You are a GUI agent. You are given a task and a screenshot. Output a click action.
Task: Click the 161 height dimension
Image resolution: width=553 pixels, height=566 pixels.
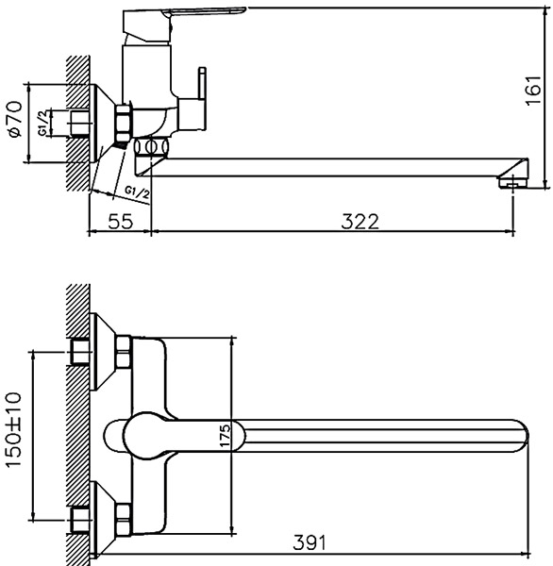(533, 91)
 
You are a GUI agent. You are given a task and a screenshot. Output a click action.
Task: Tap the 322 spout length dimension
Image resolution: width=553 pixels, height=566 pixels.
(360, 222)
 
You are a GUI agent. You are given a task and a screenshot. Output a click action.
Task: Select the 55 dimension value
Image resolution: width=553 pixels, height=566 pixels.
(121, 222)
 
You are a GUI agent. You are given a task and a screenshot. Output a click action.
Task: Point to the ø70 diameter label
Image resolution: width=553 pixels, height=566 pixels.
(15, 119)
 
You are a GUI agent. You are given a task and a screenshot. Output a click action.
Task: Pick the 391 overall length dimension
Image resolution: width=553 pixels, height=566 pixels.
(310, 542)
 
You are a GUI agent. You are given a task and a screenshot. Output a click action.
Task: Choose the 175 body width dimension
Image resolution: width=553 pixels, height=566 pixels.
(225, 436)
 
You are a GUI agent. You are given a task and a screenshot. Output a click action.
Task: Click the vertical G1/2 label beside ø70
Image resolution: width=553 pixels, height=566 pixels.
(43, 123)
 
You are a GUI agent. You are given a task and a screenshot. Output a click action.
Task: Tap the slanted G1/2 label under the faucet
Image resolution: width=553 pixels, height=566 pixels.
(137, 192)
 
